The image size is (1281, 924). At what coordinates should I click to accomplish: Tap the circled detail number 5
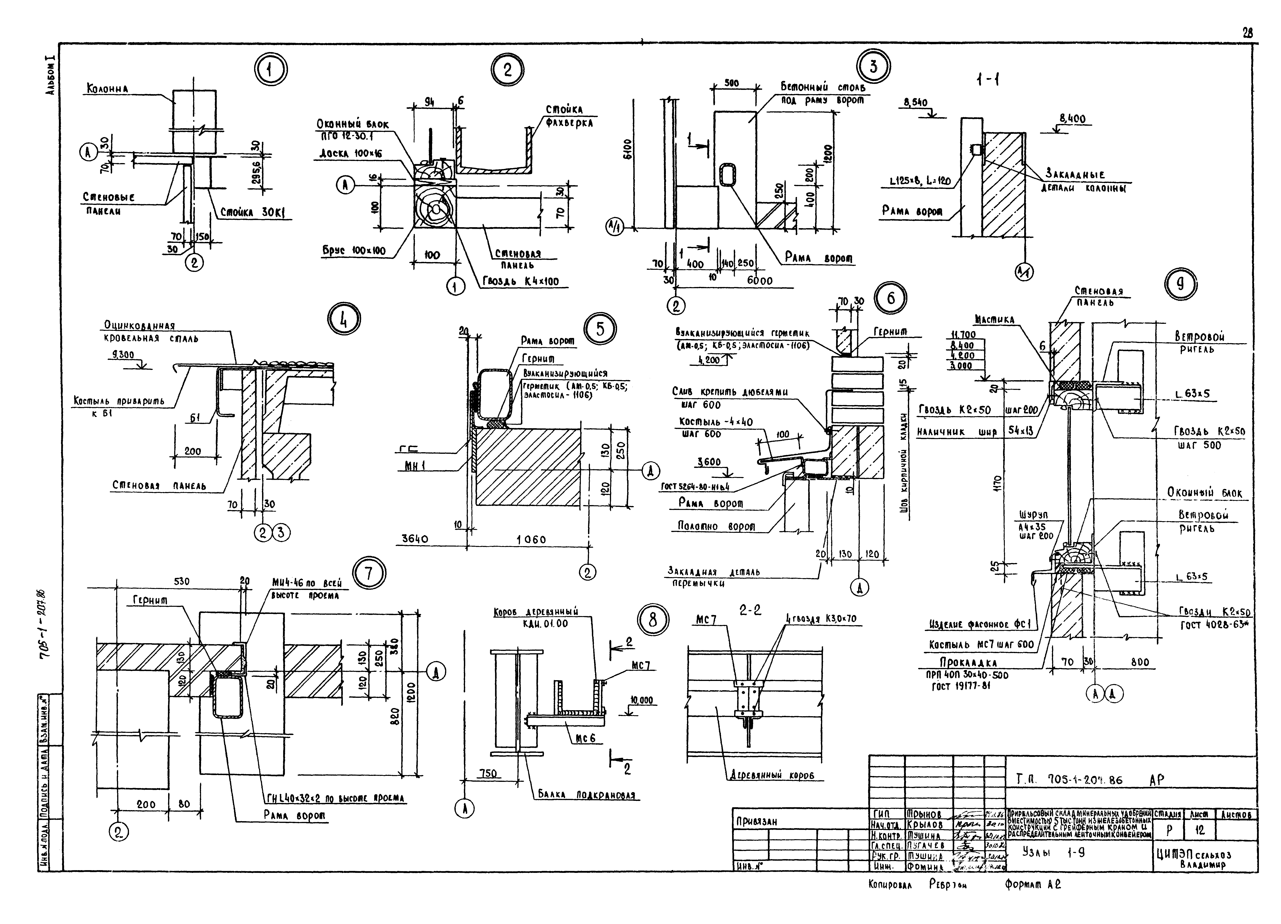tap(600, 329)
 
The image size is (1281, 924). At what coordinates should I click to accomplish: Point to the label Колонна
tap(107, 89)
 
